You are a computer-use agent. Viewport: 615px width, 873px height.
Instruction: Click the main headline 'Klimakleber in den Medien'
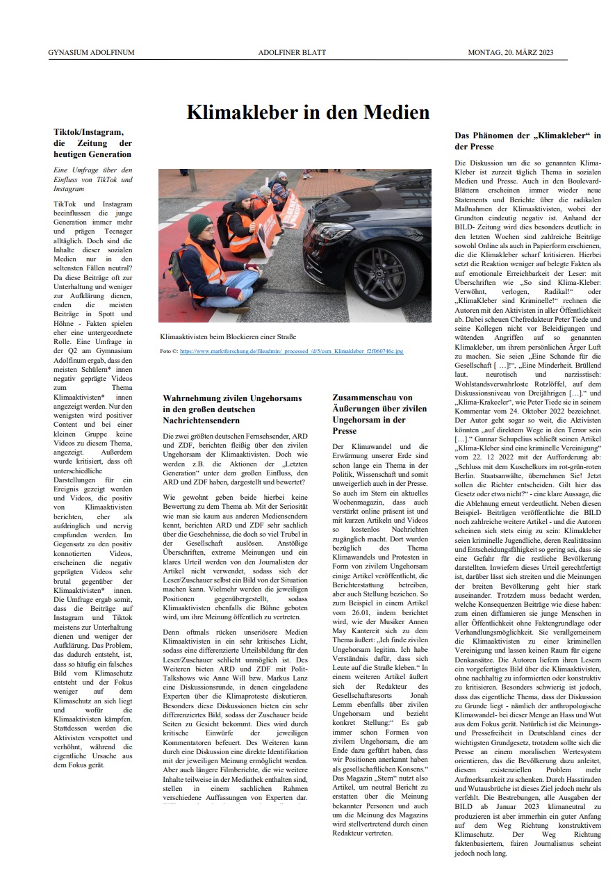pos(308,112)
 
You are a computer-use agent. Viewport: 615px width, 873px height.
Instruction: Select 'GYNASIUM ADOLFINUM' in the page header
pos(92,53)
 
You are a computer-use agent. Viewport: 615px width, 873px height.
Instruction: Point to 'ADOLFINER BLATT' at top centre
pos(307,53)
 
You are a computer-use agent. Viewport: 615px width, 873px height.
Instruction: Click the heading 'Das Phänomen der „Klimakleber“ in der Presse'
pos(527,141)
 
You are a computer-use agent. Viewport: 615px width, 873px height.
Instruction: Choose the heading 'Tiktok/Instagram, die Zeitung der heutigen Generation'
pos(92,142)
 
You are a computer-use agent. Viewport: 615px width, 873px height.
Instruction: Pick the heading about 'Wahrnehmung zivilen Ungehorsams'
pos(233,409)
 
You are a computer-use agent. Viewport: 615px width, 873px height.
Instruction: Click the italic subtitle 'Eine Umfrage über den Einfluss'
pos(92,179)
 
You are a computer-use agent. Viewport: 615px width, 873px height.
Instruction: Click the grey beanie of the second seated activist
pos(243,196)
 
